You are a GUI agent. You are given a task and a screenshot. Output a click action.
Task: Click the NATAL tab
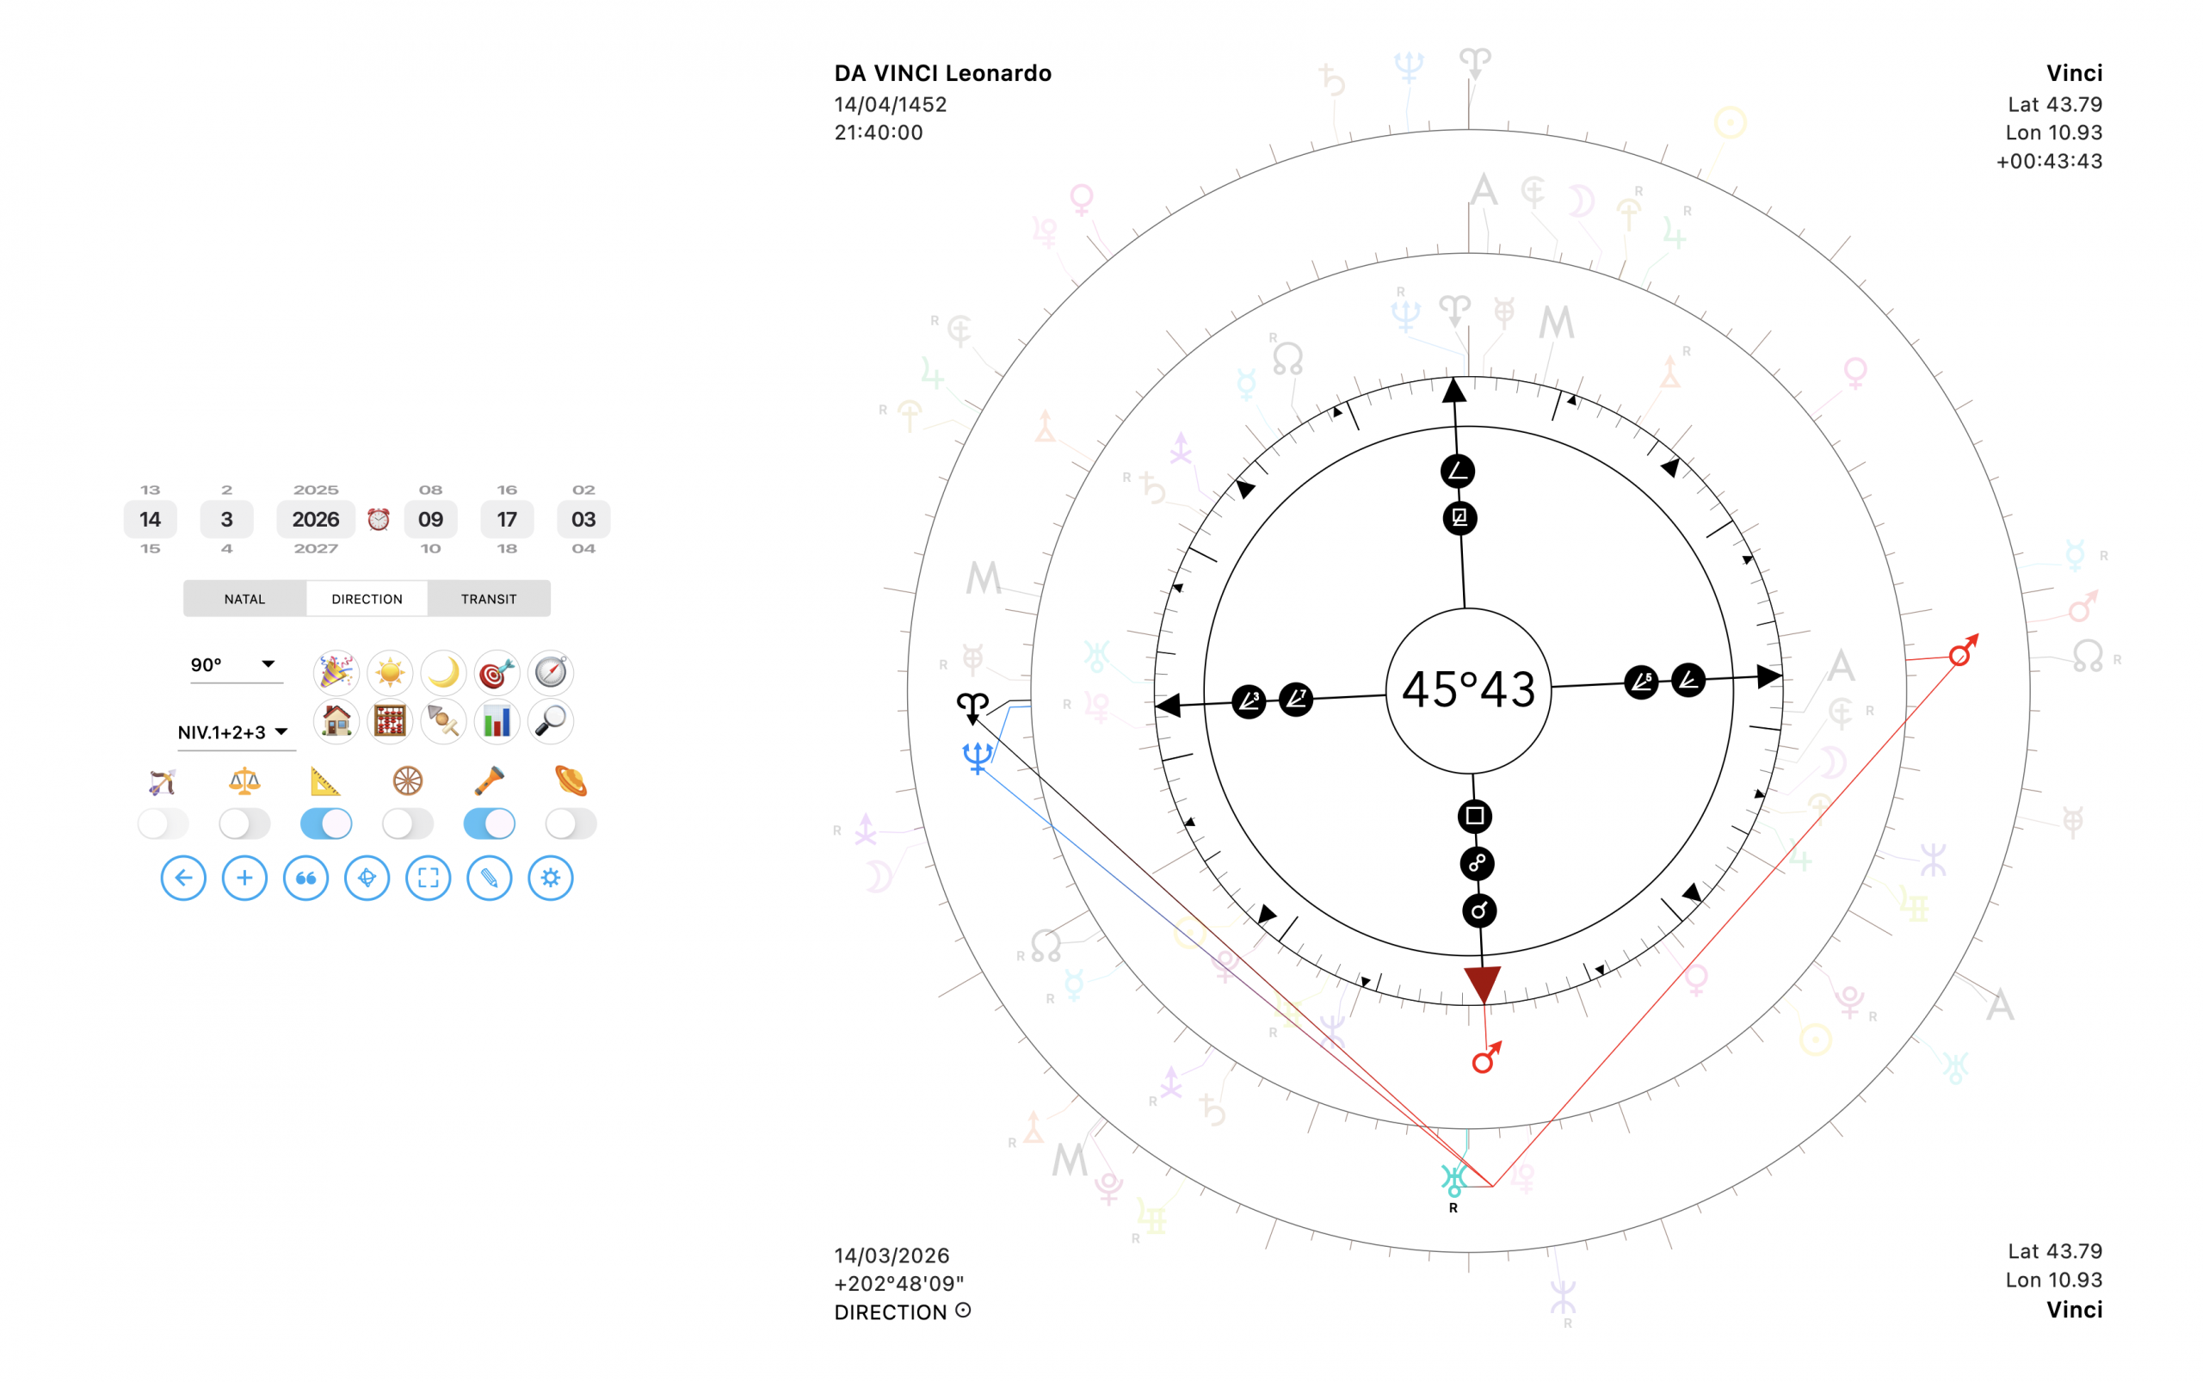pos(244,599)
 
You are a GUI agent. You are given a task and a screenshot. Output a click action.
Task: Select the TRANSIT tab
pos(488,599)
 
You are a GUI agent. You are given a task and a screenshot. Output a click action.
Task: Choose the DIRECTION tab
pos(367,599)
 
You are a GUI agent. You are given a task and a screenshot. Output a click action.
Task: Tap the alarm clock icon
pos(379,519)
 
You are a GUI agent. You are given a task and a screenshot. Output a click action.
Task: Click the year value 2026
pos(315,519)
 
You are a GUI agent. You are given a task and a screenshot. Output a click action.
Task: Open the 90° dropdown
pos(232,664)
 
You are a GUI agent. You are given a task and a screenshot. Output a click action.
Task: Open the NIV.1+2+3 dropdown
pos(234,732)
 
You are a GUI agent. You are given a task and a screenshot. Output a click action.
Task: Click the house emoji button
pos(336,721)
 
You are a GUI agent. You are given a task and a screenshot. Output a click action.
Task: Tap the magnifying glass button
pos(550,721)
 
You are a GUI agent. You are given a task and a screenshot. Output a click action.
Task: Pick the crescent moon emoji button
pos(443,673)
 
